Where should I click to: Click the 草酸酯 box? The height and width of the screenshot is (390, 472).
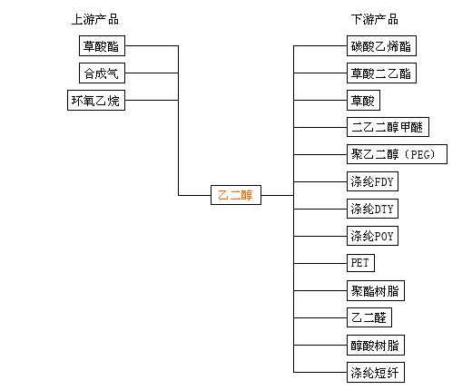102,45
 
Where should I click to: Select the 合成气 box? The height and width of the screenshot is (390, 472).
102,73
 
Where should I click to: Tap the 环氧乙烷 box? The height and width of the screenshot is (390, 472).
96,100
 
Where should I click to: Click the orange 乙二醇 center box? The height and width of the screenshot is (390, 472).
236,195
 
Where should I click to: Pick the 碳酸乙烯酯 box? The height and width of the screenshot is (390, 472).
381,45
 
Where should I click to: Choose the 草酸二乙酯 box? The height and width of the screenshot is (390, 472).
381,73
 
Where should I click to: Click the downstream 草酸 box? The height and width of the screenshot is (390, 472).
363,100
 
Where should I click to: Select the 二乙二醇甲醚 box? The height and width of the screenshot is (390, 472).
388,127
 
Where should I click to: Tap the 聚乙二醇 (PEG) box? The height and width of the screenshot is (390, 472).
397,154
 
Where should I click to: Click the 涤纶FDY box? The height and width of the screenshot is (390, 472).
372,181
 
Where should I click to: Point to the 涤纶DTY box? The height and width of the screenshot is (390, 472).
372,209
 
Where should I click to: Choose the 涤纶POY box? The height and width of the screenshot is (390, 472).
372,236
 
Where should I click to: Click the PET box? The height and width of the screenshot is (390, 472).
360,263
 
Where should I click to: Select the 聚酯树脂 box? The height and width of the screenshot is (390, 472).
376,290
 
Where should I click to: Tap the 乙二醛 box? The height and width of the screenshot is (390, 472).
369,317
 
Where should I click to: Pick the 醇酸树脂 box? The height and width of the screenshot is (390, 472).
376,345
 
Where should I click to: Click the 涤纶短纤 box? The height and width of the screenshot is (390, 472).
376,372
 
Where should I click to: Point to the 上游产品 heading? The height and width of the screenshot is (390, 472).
95,19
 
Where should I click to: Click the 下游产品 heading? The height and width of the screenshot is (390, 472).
375,19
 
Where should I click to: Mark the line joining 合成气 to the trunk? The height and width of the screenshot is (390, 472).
152,73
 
